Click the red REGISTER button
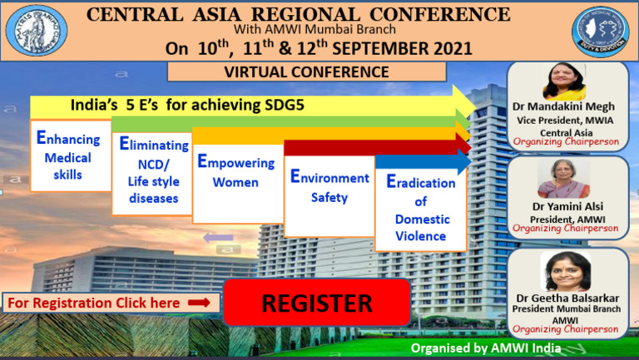pos(317,303)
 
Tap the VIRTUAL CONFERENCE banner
pos(307,72)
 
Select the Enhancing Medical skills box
pos(70,155)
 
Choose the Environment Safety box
pos(329,189)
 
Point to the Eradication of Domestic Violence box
pos(420,209)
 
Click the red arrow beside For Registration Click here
pos(198,303)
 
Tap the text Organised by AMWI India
pos(486,348)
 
